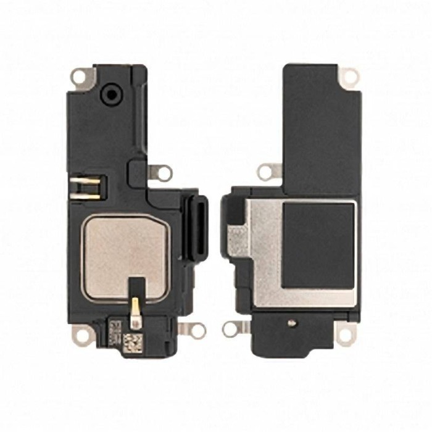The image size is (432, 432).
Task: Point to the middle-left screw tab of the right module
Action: tap(267, 172)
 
